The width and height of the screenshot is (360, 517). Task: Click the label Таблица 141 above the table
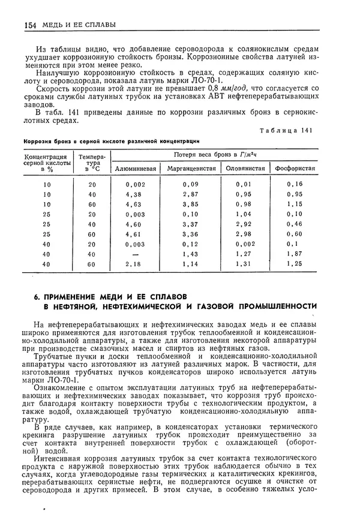coord(286,130)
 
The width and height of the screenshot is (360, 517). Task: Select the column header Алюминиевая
coord(136,169)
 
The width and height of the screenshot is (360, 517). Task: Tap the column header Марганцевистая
coord(191,169)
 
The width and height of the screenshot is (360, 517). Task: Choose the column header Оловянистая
coord(245,169)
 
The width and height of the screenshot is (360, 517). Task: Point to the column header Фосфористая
coord(295,169)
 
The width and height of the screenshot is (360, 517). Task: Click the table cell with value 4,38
coord(134,195)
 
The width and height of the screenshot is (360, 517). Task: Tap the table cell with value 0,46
coord(295,224)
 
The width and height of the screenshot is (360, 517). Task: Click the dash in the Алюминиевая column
coord(134,254)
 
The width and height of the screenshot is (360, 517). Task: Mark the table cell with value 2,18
coord(134,264)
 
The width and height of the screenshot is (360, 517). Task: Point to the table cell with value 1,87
coord(295,254)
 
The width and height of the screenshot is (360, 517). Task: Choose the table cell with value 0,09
coord(191,185)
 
